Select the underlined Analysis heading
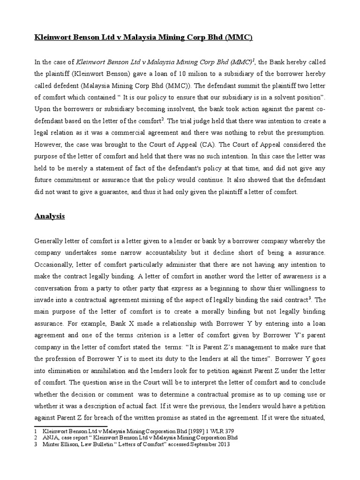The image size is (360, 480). click(x=50, y=216)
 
